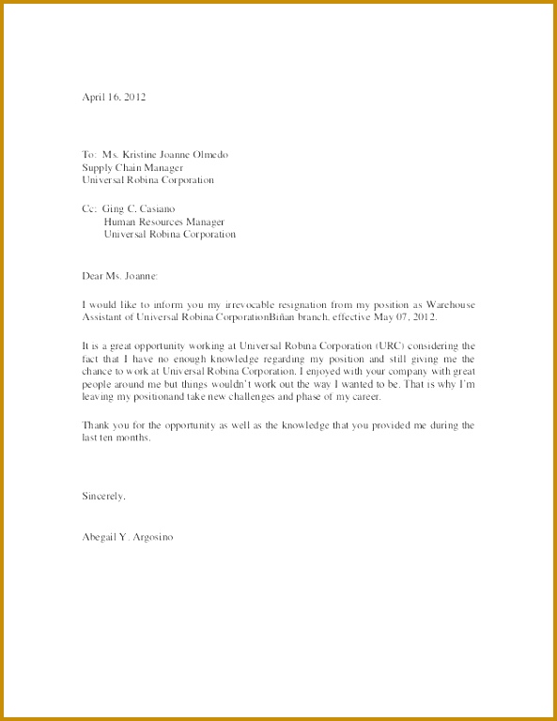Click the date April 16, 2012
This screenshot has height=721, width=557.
coord(114,97)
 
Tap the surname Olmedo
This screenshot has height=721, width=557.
coord(208,154)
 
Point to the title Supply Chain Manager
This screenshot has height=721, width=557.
coord(132,167)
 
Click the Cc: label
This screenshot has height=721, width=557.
coord(90,208)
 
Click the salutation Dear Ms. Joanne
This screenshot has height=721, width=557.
coord(120,276)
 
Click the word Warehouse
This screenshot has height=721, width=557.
coord(451,305)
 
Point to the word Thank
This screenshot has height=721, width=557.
coord(97,425)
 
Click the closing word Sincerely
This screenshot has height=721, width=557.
coord(103,494)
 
